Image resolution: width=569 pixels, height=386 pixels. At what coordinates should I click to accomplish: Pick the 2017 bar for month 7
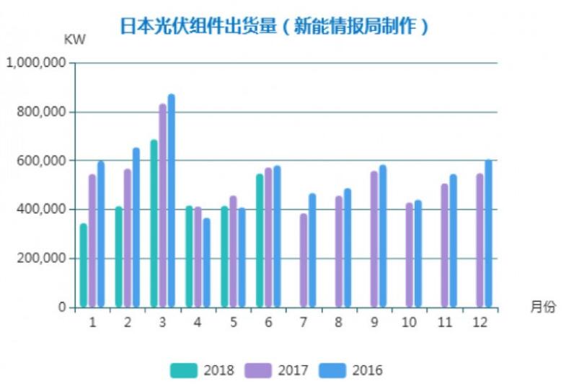pos(304,260)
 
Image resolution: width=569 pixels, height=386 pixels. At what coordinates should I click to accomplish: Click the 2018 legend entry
pos(202,371)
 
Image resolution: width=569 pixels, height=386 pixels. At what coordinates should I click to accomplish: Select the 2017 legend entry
pos(276,371)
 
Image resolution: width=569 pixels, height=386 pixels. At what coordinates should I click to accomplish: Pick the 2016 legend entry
pos(351,371)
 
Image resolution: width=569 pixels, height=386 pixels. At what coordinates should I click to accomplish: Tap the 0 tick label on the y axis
pos(62,308)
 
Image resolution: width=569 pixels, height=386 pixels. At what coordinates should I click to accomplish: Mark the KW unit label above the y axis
pos(74,40)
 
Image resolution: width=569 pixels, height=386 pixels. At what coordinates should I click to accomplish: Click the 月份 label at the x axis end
pos(543,307)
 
